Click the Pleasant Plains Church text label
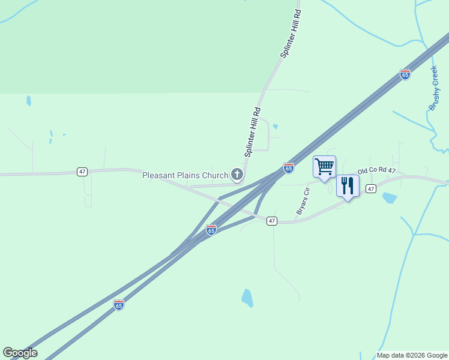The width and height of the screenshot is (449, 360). [x=185, y=175]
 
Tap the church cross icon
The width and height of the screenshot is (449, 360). [x=237, y=175]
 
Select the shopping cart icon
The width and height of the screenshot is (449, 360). [x=324, y=166]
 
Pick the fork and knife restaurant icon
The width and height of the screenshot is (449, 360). [x=348, y=185]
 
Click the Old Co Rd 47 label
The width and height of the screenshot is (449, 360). [x=377, y=171]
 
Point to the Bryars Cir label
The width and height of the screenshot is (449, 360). [x=302, y=202]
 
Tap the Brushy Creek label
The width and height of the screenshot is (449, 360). [x=435, y=88]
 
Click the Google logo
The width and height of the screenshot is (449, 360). [x=20, y=353]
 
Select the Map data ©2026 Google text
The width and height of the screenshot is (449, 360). [x=411, y=355]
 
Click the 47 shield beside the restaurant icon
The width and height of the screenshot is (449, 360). [x=371, y=189]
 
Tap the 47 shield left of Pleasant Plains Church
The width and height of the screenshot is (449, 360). [x=82, y=172]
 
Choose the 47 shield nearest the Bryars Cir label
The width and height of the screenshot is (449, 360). [x=272, y=221]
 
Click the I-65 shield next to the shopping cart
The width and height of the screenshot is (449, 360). [x=289, y=168]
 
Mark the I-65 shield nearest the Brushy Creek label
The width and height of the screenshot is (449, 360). [x=405, y=74]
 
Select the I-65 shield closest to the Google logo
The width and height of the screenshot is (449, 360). [x=119, y=305]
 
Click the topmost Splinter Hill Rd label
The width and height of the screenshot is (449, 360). [x=291, y=34]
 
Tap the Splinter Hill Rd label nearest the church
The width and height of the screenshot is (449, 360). [x=252, y=132]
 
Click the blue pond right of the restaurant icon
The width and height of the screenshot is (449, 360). [x=389, y=197]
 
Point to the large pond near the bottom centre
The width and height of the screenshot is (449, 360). [x=247, y=297]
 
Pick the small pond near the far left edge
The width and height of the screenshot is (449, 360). [x=28, y=100]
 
